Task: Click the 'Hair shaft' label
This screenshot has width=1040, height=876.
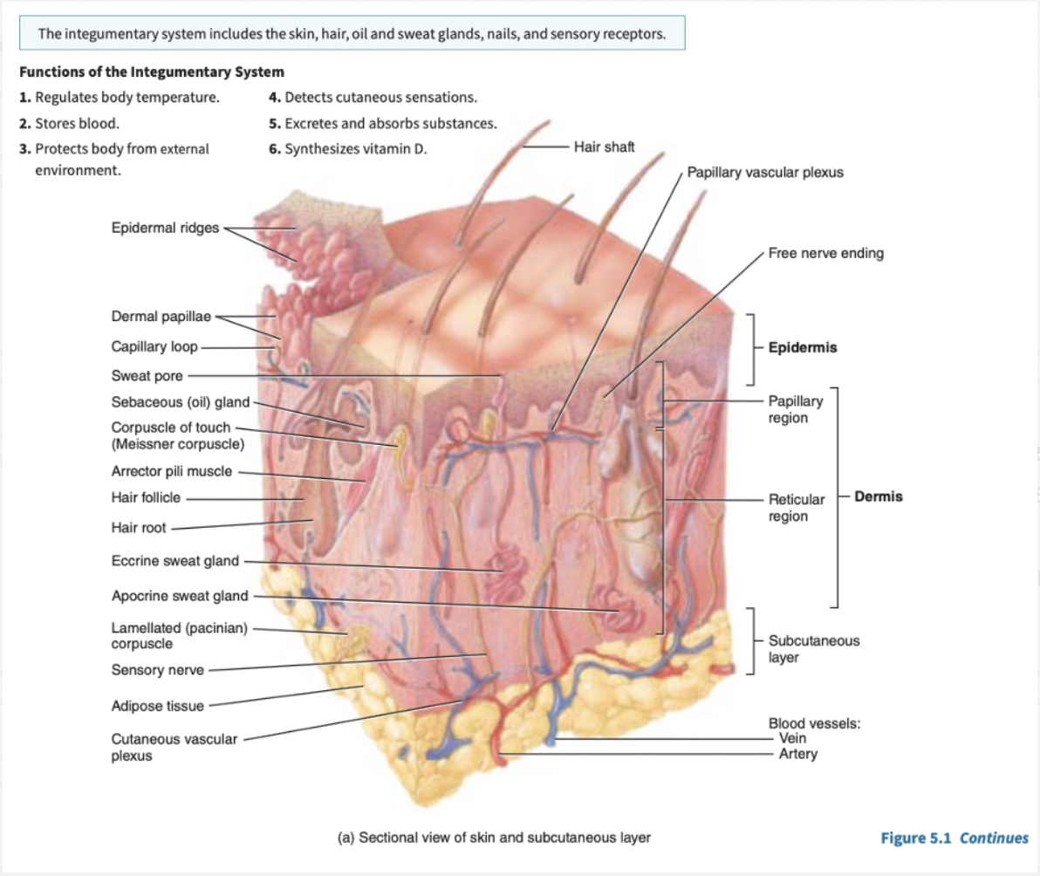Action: tap(604, 147)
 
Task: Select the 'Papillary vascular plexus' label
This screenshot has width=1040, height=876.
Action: tap(765, 172)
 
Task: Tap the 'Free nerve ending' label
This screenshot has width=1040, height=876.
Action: tap(825, 254)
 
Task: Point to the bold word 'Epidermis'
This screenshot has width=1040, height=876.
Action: tap(802, 347)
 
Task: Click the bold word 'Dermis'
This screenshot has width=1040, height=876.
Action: tap(879, 496)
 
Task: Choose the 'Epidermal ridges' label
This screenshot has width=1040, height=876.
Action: tap(165, 229)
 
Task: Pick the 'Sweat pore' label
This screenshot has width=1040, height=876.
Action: tap(147, 376)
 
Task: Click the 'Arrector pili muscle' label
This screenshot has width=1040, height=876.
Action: tap(172, 471)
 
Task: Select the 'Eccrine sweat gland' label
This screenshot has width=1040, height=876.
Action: tap(174, 561)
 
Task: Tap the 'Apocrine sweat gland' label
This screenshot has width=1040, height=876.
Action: tap(180, 597)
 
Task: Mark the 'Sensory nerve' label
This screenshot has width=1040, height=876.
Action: tap(157, 670)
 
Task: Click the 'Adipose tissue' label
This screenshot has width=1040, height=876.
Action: tap(157, 705)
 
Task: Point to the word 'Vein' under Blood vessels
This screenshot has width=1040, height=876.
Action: tap(792, 738)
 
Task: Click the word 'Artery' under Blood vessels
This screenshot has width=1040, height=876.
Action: tap(797, 753)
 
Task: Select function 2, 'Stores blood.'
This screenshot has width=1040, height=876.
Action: tap(69, 123)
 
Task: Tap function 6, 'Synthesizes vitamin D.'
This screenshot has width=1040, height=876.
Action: tap(348, 149)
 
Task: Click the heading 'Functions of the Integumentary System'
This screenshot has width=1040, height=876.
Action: tap(151, 72)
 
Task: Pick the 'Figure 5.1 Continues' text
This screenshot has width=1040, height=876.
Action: tap(954, 838)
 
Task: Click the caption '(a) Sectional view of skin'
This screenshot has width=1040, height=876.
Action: tap(494, 838)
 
